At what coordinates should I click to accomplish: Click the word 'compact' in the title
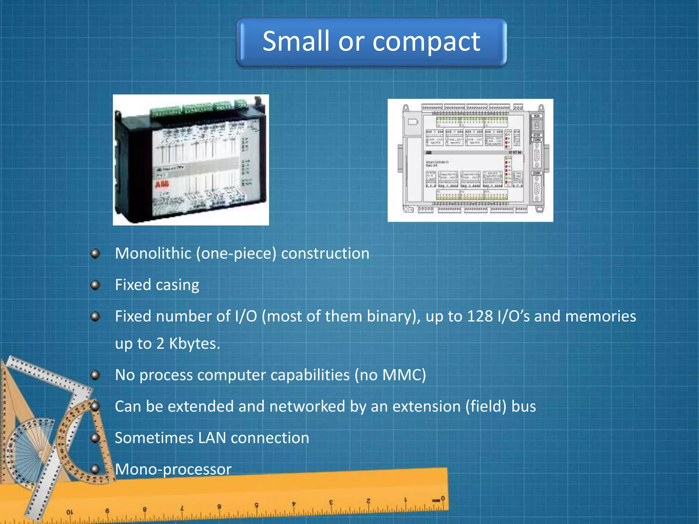[426, 42]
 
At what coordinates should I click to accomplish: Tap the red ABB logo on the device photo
[162, 185]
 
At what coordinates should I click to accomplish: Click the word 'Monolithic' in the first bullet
[153, 253]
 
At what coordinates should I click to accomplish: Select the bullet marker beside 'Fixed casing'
[95, 285]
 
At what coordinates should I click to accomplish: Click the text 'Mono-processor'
[173, 469]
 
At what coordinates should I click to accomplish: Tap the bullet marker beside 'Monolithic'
[95, 253]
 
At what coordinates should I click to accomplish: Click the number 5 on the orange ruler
[257, 505]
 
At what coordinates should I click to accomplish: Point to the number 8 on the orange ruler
[144, 509]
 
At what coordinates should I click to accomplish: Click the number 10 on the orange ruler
[70, 512]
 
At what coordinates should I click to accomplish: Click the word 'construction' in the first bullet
[325, 253]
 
